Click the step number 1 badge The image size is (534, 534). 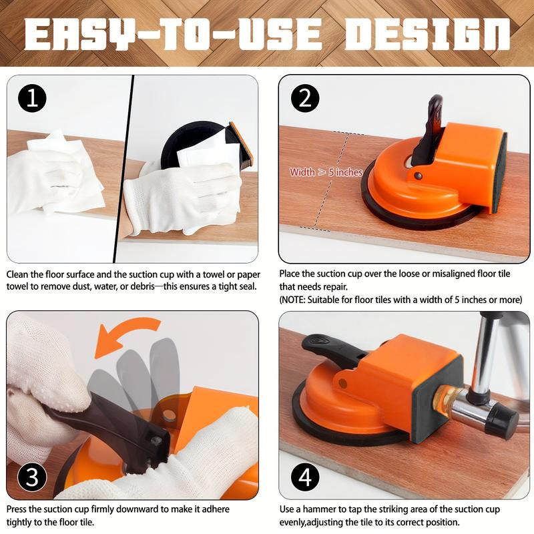(33, 99)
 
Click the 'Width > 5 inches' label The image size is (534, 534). (326, 172)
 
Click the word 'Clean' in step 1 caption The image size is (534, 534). (19, 274)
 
